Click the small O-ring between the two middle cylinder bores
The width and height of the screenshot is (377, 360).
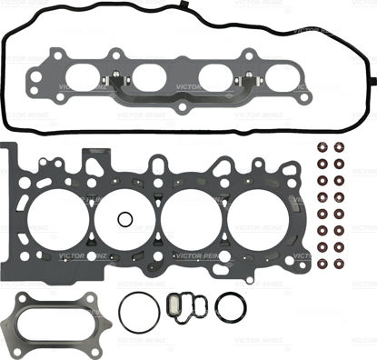(125, 221)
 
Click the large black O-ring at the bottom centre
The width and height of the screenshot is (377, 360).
(138, 314)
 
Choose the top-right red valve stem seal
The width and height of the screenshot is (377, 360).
(340, 149)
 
